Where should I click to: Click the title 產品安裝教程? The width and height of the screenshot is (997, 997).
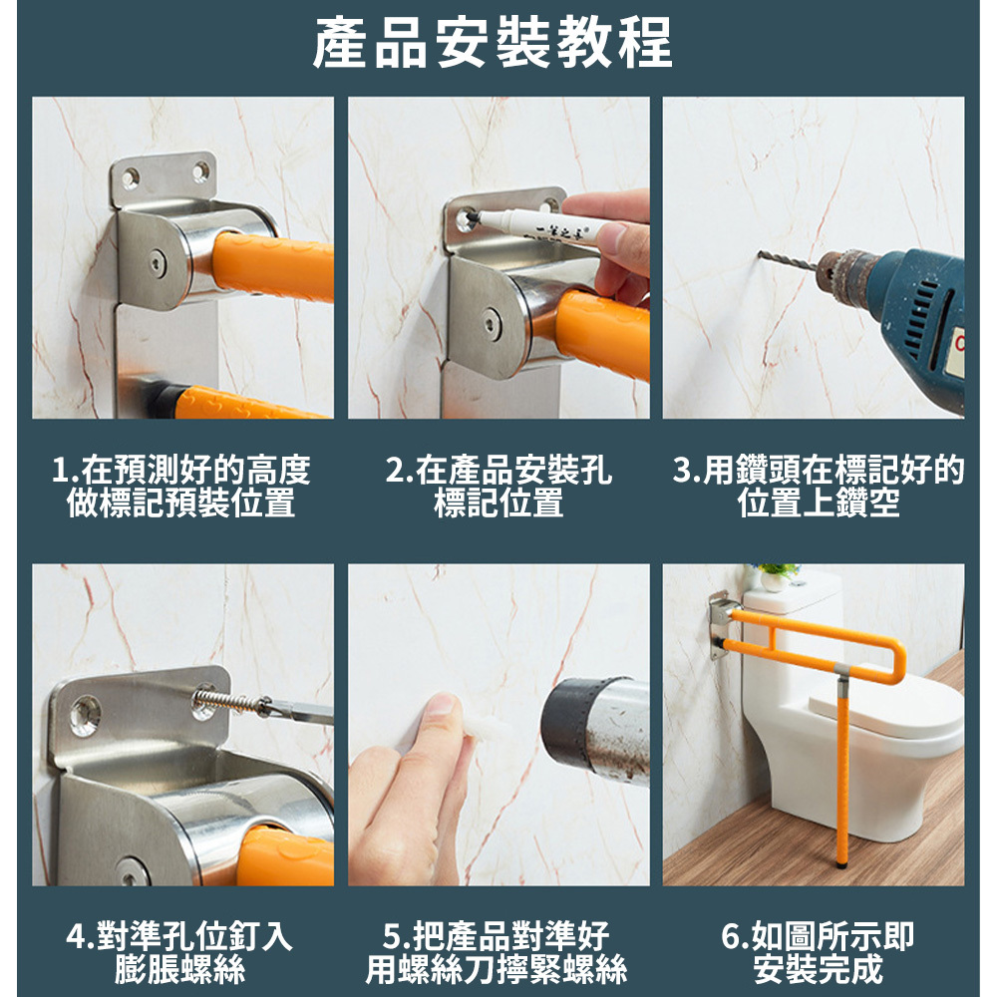[493, 43]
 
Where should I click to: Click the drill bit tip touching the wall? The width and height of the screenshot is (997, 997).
[760, 255]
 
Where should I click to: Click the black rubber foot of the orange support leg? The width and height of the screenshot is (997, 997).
[842, 862]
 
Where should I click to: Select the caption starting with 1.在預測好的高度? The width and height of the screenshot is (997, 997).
[181, 486]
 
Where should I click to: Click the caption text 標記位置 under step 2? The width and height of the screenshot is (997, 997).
[498, 502]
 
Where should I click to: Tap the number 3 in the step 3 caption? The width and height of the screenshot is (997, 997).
[682, 470]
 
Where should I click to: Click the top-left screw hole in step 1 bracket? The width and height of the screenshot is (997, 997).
[131, 177]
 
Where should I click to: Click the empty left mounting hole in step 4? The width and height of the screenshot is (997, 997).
[85, 714]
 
